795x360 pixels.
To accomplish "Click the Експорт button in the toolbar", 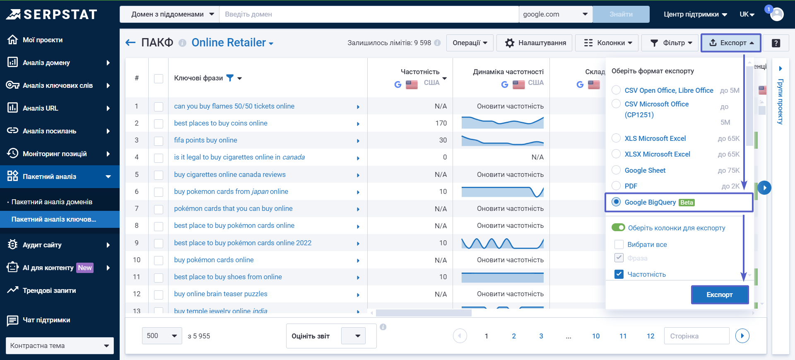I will (730, 43).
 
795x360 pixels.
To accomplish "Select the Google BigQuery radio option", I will (616, 202).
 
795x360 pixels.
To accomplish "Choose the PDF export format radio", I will (616, 186).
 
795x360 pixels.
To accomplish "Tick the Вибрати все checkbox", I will (619, 244).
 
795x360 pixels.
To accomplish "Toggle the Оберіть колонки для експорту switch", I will (618, 227).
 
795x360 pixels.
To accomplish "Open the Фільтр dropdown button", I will (671, 43).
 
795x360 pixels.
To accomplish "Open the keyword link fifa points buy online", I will (205, 140).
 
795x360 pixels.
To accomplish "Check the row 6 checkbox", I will (159, 192).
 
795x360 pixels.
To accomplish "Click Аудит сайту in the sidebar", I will (42, 245).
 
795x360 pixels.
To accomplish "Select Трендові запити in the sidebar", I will (49, 290).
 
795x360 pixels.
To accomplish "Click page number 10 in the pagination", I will (595, 336).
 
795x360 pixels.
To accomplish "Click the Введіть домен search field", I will (369, 14).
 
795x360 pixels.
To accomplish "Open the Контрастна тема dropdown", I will (60, 346).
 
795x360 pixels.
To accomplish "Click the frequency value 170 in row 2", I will (441, 123).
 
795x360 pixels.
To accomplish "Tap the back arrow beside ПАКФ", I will (130, 43).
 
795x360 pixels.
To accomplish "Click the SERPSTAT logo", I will (52, 14).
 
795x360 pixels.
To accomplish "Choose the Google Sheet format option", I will (616, 170).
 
